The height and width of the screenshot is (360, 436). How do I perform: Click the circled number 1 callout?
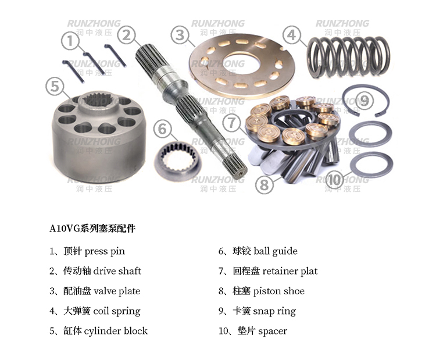[70, 41]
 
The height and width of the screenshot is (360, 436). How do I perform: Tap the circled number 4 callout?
[291, 35]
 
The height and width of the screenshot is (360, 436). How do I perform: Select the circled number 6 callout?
[162, 129]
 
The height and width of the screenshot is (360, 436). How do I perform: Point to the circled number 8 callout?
[264, 184]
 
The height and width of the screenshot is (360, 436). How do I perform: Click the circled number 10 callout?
[334, 180]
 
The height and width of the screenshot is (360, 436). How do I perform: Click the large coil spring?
[348, 57]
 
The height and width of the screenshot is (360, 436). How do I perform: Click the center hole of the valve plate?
[241, 66]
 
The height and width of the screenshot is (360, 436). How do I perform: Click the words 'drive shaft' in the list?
[117, 270]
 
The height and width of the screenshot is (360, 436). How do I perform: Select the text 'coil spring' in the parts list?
[116, 311]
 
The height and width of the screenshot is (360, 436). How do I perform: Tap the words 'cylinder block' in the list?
[116, 331]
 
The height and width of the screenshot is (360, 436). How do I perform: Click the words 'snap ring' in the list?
[274, 311]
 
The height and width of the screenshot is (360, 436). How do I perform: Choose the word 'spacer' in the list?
[273, 332]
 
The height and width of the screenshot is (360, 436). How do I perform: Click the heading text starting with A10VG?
[92, 229]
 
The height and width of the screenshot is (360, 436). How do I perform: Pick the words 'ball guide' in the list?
[276, 251]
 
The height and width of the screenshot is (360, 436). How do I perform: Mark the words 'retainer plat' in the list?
[290, 271]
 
